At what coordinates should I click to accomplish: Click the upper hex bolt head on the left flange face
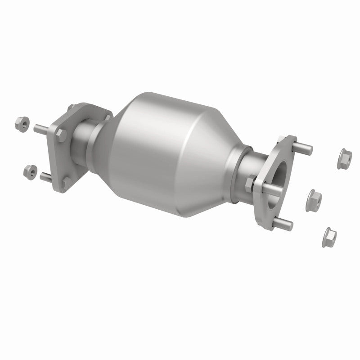[x=60, y=134]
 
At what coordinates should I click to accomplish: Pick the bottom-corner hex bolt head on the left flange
[x=66, y=183]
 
